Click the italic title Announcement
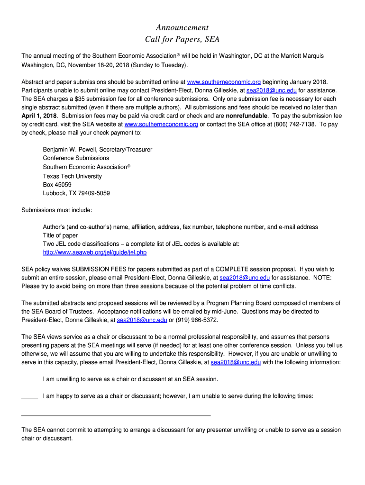click(x=182, y=27)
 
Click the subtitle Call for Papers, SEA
click(x=182, y=39)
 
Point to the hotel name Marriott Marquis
click(x=301, y=56)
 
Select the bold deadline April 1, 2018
click(x=39, y=116)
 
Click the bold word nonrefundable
click(x=246, y=116)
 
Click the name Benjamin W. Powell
click(x=72, y=149)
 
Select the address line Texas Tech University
click(x=72, y=176)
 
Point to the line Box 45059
click(x=57, y=185)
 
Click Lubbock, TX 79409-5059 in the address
click(x=76, y=193)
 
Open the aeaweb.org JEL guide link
click(x=95, y=252)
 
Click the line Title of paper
click(x=60, y=235)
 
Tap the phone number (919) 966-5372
click(x=197, y=320)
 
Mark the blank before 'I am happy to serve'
click(x=29, y=398)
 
